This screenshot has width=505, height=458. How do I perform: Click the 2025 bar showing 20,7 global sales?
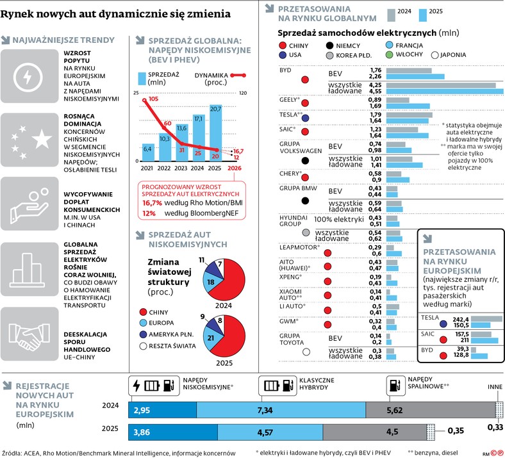pyautogui.click(x=215, y=135)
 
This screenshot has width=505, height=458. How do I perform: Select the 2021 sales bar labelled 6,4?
pyautogui.click(x=147, y=152)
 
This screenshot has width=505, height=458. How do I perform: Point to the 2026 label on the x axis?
pyautogui.click(x=235, y=168)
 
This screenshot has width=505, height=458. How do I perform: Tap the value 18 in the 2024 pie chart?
pyautogui.click(x=211, y=282)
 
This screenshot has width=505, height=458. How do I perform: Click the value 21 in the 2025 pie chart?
pyautogui.click(x=211, y=337)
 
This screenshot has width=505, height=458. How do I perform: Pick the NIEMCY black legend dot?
pyautogui.click(x=330, y=45)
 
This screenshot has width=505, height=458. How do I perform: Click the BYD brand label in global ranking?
pyautogui.click(x=286, y=70)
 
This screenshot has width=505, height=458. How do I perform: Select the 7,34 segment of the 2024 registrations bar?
pyautogui.click(x=280, y=409)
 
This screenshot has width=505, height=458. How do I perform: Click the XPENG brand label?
pyautogui.click(x=289, y=277)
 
